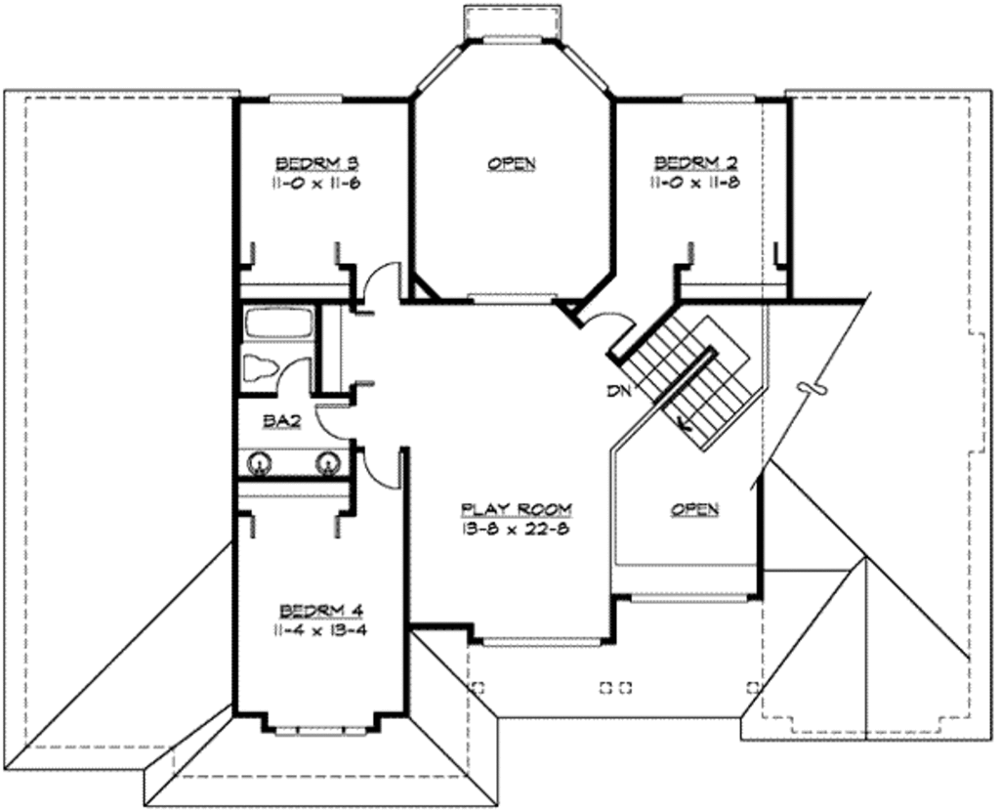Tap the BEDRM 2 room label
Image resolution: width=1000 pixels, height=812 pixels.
click(x=694, y=162)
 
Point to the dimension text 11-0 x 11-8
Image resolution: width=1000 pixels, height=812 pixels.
click(x=694, y=182)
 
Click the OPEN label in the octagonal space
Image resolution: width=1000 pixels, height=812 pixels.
click(x=512, y=163)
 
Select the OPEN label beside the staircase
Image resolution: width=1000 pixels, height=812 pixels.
click(x=694, y=509)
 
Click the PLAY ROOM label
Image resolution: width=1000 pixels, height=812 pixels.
click(x=516, y=509)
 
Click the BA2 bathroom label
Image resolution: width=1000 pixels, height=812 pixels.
click(x=280, y=421)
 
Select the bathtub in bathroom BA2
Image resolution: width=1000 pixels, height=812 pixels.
click(x=276, y=324)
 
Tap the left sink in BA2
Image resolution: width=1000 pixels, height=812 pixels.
click(x=260, y=462)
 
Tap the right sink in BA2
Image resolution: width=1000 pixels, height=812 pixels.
click(x=326, y=462)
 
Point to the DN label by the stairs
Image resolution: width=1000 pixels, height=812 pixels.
click(x=617, y=393)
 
